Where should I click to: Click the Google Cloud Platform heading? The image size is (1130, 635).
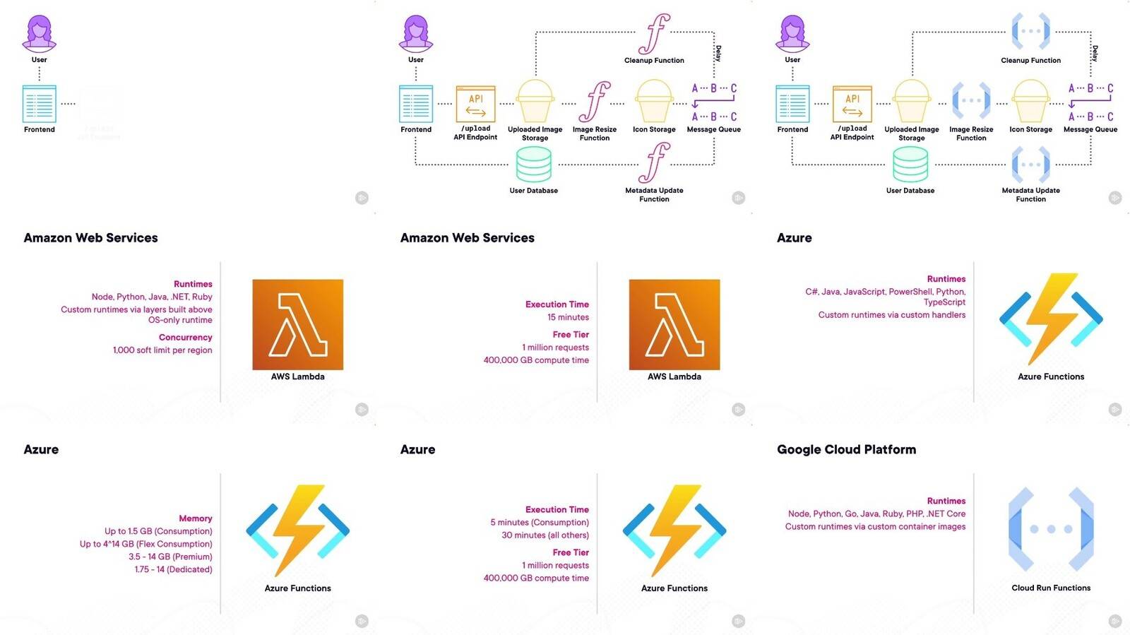point(846,449)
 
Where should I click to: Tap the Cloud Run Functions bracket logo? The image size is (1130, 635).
point(1051,529)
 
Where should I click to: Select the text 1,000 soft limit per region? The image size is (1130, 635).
point(162,350)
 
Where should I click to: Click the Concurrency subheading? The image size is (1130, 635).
point(185,338)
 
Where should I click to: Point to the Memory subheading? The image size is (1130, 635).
point(195,518)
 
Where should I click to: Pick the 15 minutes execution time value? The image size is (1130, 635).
point(568,317)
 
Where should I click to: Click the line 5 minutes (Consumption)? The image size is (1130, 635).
point(540,523)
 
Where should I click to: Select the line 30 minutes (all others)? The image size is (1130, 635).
point(545,535)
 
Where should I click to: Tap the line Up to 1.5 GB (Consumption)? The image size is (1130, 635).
point(158,531)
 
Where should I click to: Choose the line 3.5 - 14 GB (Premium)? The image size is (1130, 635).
point(170,557)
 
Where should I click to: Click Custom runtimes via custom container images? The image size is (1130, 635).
point(875,527)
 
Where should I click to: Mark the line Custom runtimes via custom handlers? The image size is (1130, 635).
point(891,315)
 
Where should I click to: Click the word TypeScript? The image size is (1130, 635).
point(944,302)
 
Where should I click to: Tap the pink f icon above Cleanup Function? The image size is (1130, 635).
point(655,33)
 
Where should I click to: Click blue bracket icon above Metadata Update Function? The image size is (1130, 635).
point(1030,165)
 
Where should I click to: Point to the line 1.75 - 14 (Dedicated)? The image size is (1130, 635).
point(173,569)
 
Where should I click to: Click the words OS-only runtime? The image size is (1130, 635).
point(180,320)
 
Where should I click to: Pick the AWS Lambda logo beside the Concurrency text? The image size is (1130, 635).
point(297,324)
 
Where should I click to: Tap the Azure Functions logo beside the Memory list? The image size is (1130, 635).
point(297,529)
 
